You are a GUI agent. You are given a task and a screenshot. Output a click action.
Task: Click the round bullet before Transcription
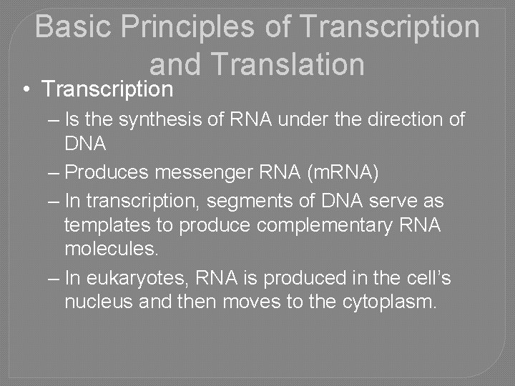pyautogui.click(x=25, y=90)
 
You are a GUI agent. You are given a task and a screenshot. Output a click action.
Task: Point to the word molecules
pyautogui.click(x=111, y=249)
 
